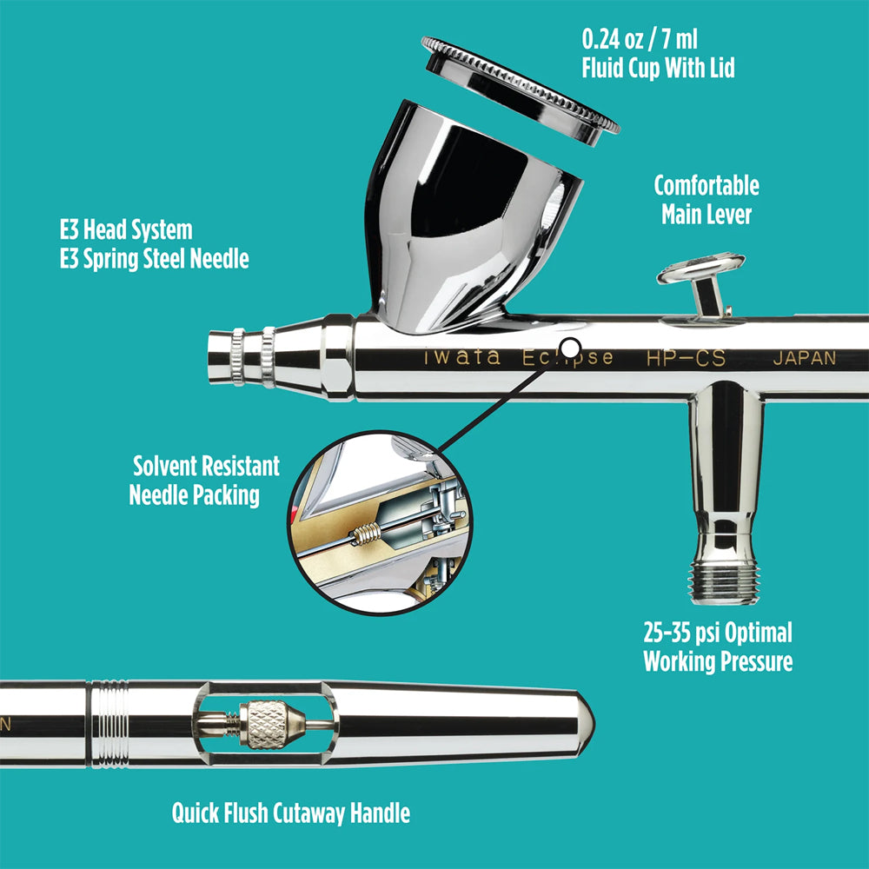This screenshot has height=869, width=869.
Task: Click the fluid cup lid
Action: tap(520, 83)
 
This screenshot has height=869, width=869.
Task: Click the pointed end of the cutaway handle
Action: tap(587, 721)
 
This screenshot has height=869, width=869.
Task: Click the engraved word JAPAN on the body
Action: tap(804, 358)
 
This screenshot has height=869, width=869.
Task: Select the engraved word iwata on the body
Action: tap(461, 358)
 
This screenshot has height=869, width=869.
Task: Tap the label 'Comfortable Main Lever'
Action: tap(706, 200)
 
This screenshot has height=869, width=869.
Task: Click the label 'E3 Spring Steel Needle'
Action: tap(154, 259)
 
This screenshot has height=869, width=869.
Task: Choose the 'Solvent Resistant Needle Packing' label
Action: tap(205, 480)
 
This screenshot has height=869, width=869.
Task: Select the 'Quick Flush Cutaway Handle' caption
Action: tap(291, 813)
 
